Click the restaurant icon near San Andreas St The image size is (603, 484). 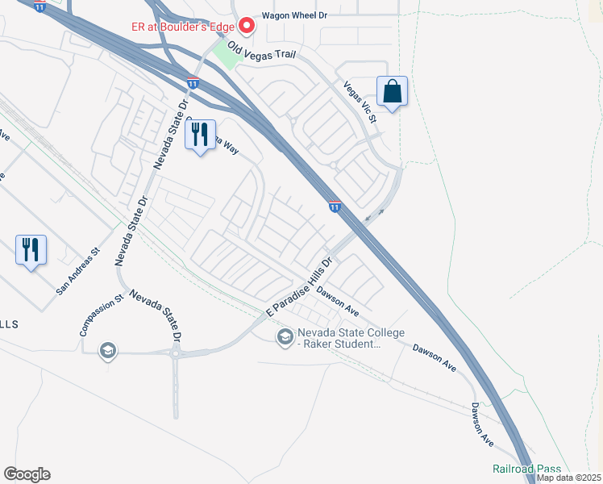pyautogui.click(x=31, y=250)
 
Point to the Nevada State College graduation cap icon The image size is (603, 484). pyautogui.click(x=284, y=337)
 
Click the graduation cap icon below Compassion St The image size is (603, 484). pyautogui.click(x=106, y=351)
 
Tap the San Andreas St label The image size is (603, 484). pyautogui.click(x=77, y=270)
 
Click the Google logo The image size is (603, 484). pyautogui.click(x=27, y=474)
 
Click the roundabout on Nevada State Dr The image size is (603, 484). pyautogui.click(x=174, y=353)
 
